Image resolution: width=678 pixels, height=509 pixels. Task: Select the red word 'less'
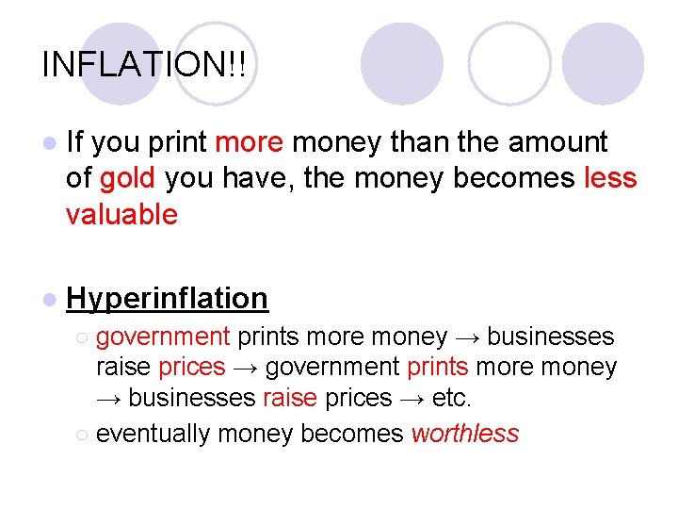610,178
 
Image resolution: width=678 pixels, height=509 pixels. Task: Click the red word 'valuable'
121,215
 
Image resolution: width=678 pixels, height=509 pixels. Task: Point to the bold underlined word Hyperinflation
167,298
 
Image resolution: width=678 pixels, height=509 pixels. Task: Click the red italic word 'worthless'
465,433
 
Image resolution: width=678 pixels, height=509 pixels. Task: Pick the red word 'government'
163,337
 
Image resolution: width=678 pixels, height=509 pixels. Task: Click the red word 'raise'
290,398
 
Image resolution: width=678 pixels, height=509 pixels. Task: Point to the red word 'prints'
437,367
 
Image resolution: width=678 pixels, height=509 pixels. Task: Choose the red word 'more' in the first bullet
249,142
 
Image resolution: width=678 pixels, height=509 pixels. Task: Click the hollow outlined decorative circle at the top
509,62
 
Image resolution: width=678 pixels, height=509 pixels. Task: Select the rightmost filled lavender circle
603,62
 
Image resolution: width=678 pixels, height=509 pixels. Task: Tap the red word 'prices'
192,367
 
